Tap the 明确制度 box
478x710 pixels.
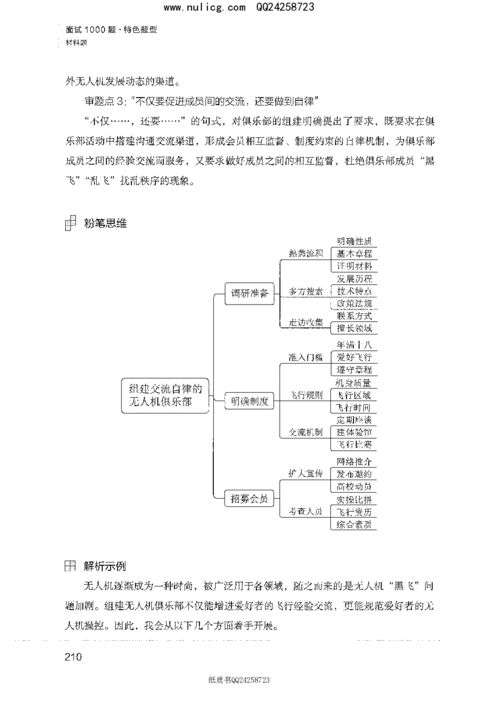tap(249, 401)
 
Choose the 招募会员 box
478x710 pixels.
tap(249, 497)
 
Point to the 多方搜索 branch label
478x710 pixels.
tap(306, 291)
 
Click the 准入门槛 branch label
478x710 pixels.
tap(305, 357)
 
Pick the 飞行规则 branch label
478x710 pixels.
tap(305, 395)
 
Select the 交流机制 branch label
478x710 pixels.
tap(305, 432)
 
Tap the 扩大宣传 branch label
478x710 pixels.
tap(305, 473)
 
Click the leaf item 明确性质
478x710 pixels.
tap(354, 242)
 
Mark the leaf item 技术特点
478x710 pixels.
tap(354, 291)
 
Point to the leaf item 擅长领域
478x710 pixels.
tap(354, 328)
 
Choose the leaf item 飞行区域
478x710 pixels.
tap(354, 395)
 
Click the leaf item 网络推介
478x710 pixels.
tap(354, 461)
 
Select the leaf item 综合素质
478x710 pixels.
tap(354, 524)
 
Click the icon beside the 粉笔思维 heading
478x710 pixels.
tap(70, 223)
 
